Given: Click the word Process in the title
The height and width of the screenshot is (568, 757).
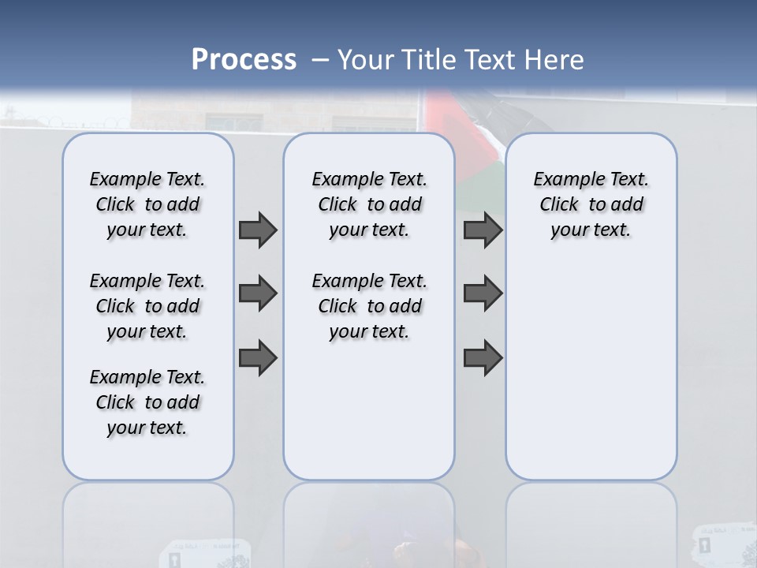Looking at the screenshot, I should (x=243, y=60).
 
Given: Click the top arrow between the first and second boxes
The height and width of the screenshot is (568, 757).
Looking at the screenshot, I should (x=258, y=230).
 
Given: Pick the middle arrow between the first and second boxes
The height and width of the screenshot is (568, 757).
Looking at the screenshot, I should (x=258, y=293).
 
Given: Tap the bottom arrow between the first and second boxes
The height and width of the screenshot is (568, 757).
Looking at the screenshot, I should (x=258, y=358).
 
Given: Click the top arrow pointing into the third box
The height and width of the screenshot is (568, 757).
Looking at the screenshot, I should (x=483, y=230).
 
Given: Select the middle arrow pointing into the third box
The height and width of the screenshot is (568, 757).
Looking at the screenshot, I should (x=483, y=293).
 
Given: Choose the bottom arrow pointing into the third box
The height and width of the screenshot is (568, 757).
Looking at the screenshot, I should (x=483, y=358).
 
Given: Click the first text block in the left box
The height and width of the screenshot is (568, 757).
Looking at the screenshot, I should (x=147, y=204).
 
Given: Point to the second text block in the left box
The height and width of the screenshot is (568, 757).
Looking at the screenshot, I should (x=147, y=306).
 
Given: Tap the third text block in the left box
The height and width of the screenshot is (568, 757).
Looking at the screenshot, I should (x=147, y=402).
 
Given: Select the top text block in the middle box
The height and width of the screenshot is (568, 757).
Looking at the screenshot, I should (x=369, y=204).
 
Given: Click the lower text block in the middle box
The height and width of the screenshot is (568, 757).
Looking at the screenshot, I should (x=369, y=306).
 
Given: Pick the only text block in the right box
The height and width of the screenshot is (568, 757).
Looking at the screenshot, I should (x=591, y=204).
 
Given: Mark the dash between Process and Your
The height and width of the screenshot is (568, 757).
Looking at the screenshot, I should (x=319, y=60).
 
